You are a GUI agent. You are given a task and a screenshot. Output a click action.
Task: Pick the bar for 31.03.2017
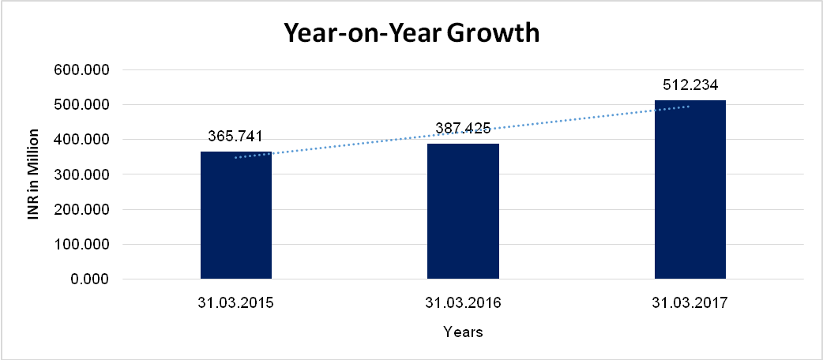tap(690, 189)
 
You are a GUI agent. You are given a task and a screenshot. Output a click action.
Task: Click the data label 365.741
tap(236, 136)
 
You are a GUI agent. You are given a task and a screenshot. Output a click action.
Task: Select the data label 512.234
tap(690, 84)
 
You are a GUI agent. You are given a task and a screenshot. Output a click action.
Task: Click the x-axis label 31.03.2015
tap(236, 302)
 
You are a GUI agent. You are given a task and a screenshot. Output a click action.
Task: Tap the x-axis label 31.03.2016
tap(463, 302)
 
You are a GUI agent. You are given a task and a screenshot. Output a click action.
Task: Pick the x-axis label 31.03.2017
tap(690, 302)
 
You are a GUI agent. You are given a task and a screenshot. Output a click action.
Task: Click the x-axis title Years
tap(463, 332)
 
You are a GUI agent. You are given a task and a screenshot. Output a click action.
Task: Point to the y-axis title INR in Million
tap(33, 174)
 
